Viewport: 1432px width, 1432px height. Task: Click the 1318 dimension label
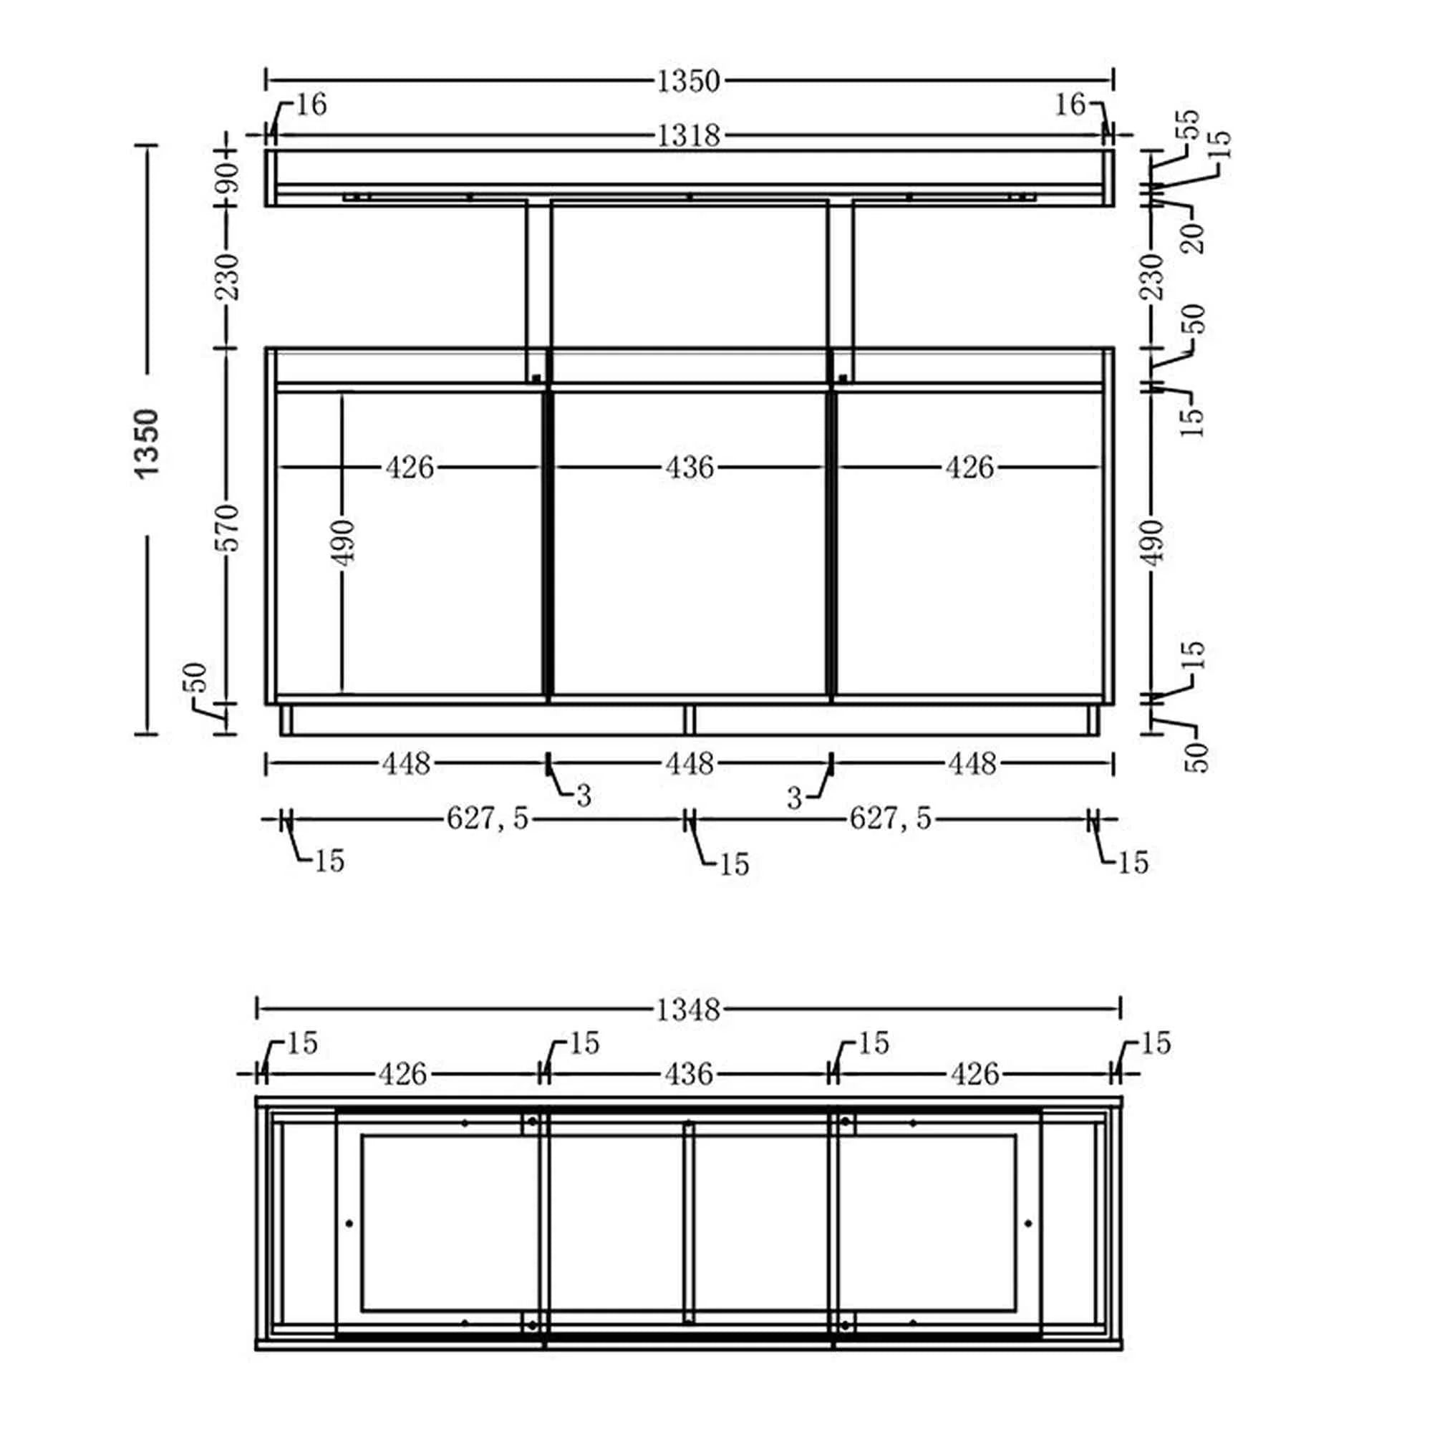pyautogui.click(x=689, y=135)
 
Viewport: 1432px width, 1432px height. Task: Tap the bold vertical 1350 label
pyautogui.click(x=147, y=443)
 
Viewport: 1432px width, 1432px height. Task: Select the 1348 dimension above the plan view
pyautogui.click(x=689, y=1009)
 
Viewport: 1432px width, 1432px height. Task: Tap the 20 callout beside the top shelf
pyautogui.click(x=1195, y=237)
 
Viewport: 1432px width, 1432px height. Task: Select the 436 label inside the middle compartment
pyautogui.click(x=690, y=468)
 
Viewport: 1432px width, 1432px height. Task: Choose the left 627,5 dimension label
pyautogui.click(x=488, y=818)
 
